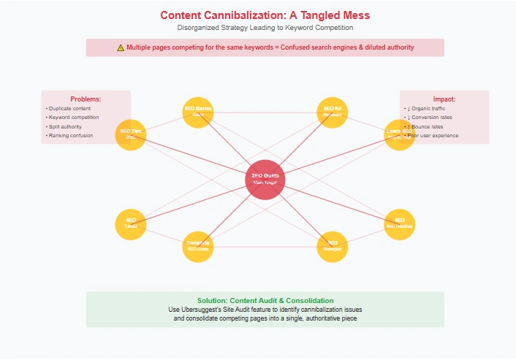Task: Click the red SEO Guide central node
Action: [265, 179]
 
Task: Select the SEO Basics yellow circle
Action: [197, 112]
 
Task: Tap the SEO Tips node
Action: [131, 134]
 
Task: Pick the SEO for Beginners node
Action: [333, 112]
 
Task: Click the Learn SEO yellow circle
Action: [399, 134]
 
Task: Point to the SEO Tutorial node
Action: [131, 223]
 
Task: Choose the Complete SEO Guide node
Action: [197, 246]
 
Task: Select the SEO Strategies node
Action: [333, 246]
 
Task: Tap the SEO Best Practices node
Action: [399, 223]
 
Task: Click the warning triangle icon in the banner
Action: [121, 47]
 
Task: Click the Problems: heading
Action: [86, 99]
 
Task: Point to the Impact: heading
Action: [444, 99]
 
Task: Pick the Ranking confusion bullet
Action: [71, 135]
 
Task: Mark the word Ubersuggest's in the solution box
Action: [216, 310]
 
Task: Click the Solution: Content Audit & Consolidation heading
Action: [265, 300]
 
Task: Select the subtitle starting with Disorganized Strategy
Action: [265, 28]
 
